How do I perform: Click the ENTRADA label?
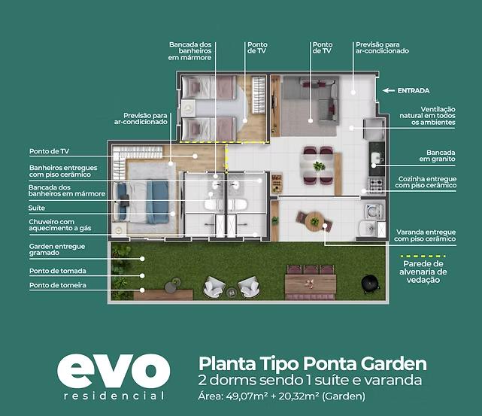(414, 91)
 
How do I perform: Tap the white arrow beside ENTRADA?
(389, 91)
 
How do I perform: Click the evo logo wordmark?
(114, 372)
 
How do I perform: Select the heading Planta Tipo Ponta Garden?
(313, 364)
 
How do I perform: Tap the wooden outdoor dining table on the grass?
(311, 284)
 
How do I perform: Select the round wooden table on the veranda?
(314, 220)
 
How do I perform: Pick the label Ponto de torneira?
(58, 285)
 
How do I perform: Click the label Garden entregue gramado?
(57, 250)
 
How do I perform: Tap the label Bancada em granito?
(438, 156)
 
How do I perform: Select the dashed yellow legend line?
(423, 256)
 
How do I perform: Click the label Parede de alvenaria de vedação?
(423, 272)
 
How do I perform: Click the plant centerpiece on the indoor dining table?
(319, 166)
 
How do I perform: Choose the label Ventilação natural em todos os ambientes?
(428, 116)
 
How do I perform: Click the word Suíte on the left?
(37, 208)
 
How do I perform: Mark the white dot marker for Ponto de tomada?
(142, 276)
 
